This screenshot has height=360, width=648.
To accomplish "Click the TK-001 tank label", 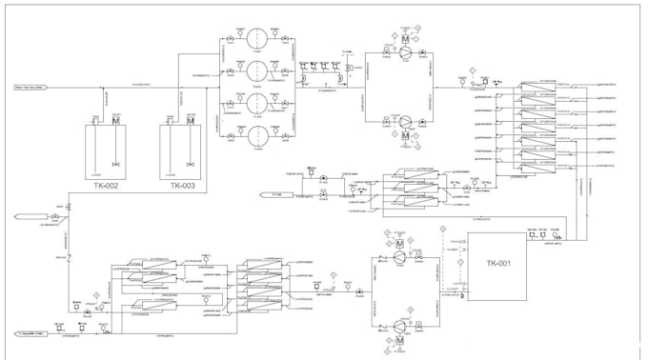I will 498,264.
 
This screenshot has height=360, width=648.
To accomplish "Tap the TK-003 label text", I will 182,187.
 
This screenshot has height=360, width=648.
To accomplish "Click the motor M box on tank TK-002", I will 115,121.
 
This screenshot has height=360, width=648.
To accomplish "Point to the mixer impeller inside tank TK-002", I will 115,160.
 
